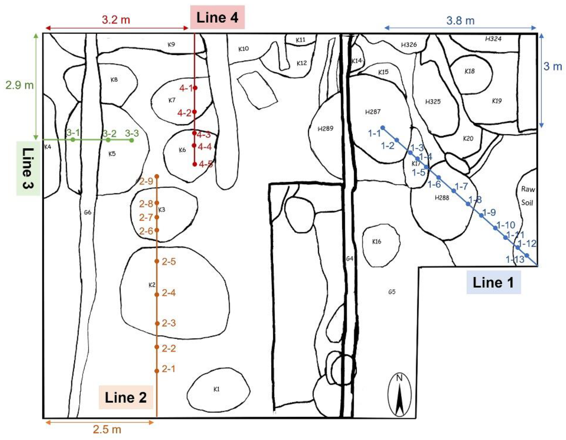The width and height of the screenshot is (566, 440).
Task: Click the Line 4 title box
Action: [x=217, y=17]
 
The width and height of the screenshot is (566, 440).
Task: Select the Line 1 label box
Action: [x=493, y=282]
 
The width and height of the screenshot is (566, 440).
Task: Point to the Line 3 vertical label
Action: [x=28, y=168]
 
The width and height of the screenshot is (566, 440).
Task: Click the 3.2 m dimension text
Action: [x=116, y=20]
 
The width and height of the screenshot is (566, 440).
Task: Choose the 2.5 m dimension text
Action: [x=107, y=429]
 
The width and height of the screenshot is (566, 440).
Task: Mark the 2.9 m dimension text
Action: [x=20, y=85]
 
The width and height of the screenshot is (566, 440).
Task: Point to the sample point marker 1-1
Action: [x=383, y=128]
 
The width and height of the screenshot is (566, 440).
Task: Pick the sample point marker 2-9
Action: [x=157, y=176]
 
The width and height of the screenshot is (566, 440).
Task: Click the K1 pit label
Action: [x=217, y=389]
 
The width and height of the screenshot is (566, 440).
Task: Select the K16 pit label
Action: [x=377, y=242]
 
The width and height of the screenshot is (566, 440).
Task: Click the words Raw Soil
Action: [x=528, y=196]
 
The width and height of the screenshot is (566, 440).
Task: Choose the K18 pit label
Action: [x=470, y=71]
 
